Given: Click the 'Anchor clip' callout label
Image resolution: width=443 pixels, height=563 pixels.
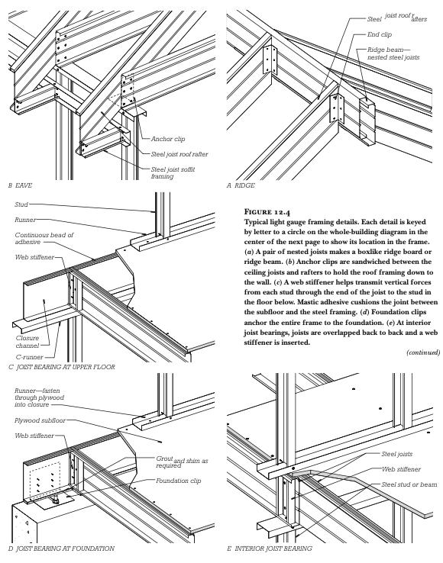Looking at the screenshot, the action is pyautogui.click(x=168, y=139).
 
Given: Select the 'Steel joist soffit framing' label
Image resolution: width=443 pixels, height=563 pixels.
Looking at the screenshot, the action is pyautogui.click(x=173, y=172).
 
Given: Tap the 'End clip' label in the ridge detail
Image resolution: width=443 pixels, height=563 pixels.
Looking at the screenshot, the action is pyautogui.click(x=380, y=34).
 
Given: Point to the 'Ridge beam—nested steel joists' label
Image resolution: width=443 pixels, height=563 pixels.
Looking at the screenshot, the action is pyautogui.click(x=393, y=53).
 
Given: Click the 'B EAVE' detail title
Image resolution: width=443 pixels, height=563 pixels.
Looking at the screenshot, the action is pyautogui.click(x=20, y=185).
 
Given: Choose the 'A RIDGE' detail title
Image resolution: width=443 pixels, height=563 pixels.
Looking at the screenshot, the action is pyautogui.click(x=241, y=185).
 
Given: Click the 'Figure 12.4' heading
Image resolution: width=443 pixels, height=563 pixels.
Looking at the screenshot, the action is pyautogui.click(x=267, y=211).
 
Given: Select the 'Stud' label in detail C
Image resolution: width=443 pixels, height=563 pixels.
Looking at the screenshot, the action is pyautogui.click(x=21, y=204).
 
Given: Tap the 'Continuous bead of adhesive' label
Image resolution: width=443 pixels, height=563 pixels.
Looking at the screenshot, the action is pyautogui.click(x=44, y=239).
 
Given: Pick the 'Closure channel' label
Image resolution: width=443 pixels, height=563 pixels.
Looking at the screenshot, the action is pyautogui.click(x=27, y=342).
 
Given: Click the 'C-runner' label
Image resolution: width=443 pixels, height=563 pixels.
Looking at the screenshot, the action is pyautogui.click(x=30, y=357).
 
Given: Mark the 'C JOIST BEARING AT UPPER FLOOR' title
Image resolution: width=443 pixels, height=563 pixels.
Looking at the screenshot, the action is pyautogui.click(x=62, y=367).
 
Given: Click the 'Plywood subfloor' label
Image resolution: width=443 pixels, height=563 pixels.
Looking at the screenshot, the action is pyautogui.click(x=40, y=420).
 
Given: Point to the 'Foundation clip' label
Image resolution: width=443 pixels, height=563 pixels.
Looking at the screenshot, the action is pyautogui.click(x=179, y=481).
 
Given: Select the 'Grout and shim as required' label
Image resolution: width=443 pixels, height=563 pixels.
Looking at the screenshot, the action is pyautogui.click(x=182, y=462).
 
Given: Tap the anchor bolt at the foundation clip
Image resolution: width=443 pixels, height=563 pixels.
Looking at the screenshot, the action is pyautogui.click(x=56, y=499).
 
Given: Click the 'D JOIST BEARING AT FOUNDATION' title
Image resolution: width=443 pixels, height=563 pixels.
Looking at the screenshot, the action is pyautogui.click(x=61, y=549).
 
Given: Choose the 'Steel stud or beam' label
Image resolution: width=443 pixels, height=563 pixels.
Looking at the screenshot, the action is pyautogui.click(x=409, y=484).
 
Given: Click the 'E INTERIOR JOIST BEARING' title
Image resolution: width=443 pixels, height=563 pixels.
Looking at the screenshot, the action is pyautogui.click(x=270, y=549).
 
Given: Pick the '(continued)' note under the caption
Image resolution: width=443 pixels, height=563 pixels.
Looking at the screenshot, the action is pyautogui.click(x=423, y=352).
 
